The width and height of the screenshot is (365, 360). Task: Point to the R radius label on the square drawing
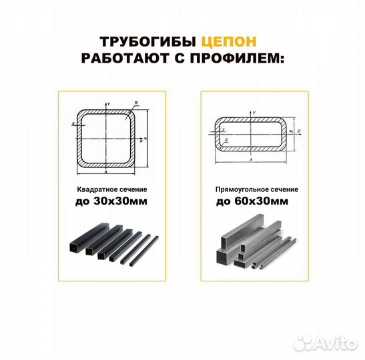tap(136, 103)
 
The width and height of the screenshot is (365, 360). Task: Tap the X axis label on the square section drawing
tap(142, 142)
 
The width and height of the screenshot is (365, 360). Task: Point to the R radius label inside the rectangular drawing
tap(226, 141)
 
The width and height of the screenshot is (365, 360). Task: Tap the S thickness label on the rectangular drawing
tap(224, 129)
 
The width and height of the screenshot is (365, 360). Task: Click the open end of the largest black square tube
tap(72, 251)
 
